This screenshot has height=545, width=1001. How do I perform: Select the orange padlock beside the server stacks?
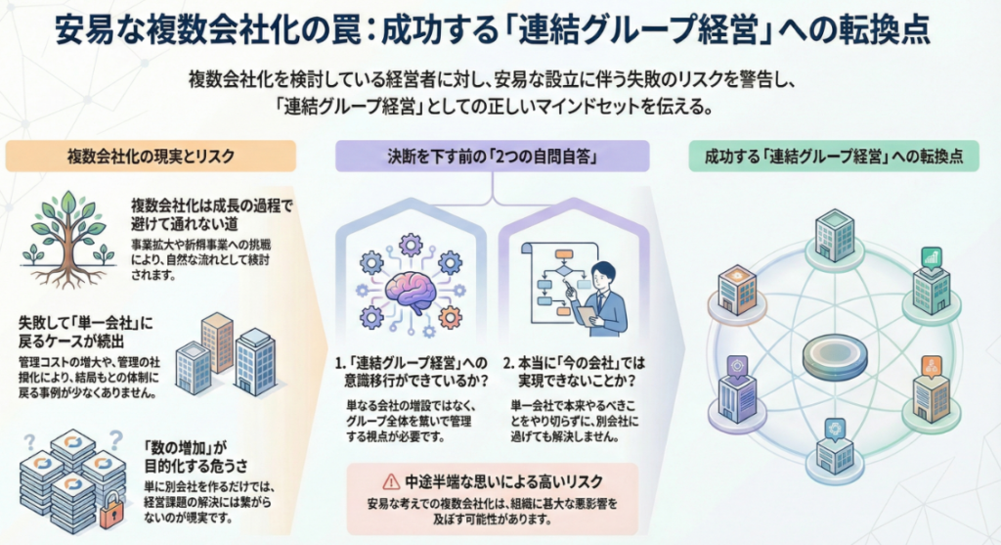click(x=112, y=508)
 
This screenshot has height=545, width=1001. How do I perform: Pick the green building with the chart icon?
click(x=930, y=284)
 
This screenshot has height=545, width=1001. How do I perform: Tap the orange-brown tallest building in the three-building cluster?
click(x=216, y=341)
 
